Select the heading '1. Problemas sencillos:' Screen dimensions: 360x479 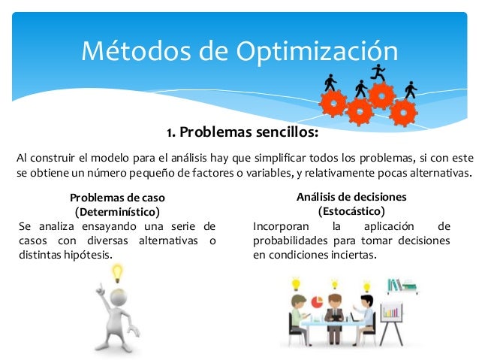click(x=243, y=133)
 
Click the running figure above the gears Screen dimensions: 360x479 click(x=378, y=73)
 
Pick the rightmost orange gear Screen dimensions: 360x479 click(x=403, y=112)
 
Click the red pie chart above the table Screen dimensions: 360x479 click(x=316, y=301)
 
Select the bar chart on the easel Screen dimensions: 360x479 click(x=391, y=310)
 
